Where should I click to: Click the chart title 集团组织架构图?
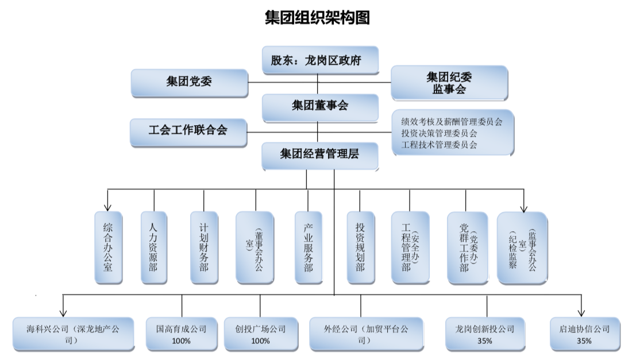coord(317,18)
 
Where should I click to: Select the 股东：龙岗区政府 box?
coord(320,60)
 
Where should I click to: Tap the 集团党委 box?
coord(189,82)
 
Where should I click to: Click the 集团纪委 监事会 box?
coord(449,83)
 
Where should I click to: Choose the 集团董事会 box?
coord(320,106)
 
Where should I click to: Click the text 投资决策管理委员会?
coord(440,133)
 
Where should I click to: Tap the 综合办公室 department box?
coord(108,247)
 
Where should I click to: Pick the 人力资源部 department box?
coord(153,247)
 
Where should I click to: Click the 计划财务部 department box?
coord(204,247)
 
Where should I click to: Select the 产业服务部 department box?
coord(308,247)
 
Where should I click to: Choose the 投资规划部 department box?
coord(360,247)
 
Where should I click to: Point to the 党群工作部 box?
coord(467,247)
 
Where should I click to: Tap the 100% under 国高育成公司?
coord(181,341)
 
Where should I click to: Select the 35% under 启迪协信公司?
coord(584,341)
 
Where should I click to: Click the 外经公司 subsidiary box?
coord(367,334)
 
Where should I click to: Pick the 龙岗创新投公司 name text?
coord(484,329)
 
